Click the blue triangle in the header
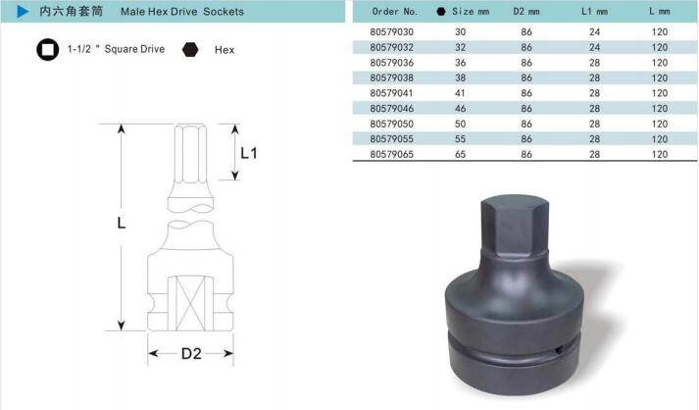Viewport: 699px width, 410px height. point(23,12)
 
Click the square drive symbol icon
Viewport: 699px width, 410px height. point(48,49)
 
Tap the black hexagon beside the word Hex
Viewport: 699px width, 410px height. point(190,49)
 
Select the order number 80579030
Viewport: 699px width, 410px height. point(391,31)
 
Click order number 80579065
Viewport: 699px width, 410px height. point(391,154)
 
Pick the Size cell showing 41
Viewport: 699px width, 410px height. point(460,93)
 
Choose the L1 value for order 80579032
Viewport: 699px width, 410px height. point(594,47)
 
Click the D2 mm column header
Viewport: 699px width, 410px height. point(526,12)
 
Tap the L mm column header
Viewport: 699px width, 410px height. point(660,12)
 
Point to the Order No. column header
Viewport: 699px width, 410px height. point(394,12)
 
